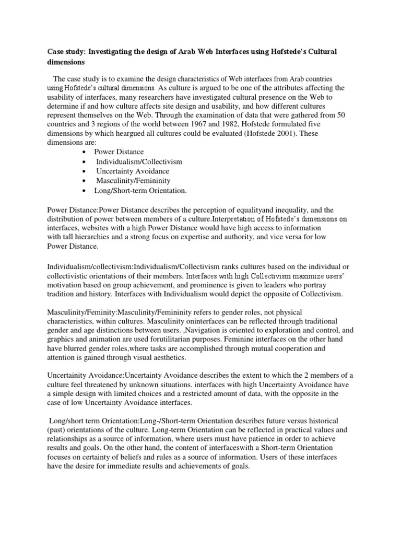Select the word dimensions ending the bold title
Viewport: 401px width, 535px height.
[68, 62]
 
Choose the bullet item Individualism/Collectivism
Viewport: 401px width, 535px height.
[139, 161]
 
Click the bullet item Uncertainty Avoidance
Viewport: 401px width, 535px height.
[132, 171]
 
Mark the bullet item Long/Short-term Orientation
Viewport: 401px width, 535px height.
[140, 190]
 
